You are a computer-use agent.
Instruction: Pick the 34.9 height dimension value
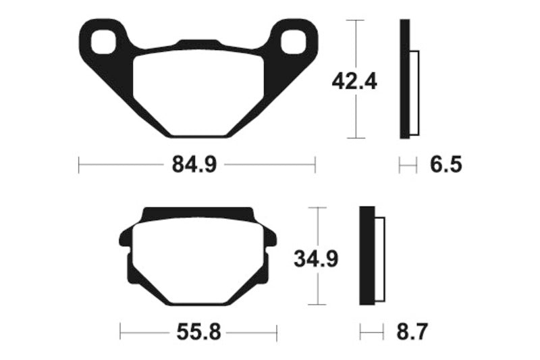tap(316, 258)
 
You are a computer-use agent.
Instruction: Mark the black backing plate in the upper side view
tap(404, 80)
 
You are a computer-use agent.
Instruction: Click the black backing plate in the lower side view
tap(367, 256)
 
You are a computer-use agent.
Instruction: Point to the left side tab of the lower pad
tap(124, 238)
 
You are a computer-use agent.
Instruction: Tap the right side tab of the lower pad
tap(271, 238)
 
